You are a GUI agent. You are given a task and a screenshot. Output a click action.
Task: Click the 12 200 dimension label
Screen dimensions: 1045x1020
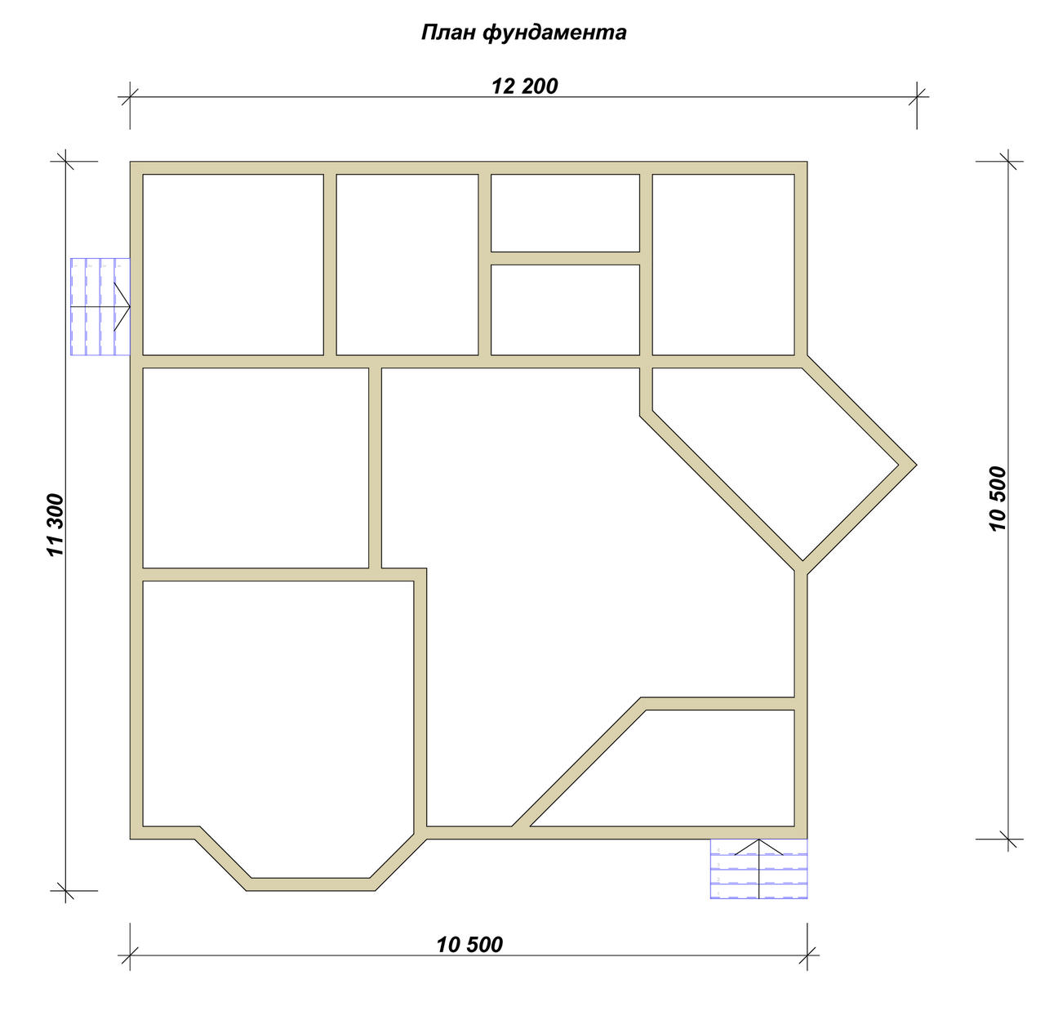pos(525,86)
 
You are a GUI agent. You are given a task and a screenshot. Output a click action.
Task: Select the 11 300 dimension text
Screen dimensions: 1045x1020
pos(56,525)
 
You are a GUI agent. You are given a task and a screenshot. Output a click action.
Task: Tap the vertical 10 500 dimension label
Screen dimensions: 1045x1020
pos(998,499)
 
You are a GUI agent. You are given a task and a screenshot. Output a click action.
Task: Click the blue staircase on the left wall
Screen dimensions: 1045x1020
pos(100,307)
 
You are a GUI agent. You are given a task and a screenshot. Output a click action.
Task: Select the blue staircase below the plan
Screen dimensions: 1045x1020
pos(758,869)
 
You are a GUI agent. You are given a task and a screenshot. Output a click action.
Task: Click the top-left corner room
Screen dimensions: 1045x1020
pos(233,265)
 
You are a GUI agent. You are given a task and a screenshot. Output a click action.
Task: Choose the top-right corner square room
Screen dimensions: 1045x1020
pos(723,265)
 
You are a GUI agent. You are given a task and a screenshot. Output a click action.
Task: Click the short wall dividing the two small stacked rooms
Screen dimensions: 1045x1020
pos(565,258)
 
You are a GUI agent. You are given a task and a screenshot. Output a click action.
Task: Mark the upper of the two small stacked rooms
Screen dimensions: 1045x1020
pos(565,212)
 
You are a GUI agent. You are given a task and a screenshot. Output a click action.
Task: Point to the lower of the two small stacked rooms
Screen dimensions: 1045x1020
pos(565,310)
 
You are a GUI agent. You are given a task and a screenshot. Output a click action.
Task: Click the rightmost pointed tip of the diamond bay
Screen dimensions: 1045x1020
pos(916,465)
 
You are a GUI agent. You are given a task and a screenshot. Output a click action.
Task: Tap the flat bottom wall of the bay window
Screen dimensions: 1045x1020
pos(310,884)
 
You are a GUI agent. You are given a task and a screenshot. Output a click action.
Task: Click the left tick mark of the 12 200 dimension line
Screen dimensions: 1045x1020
pos(130,97)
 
